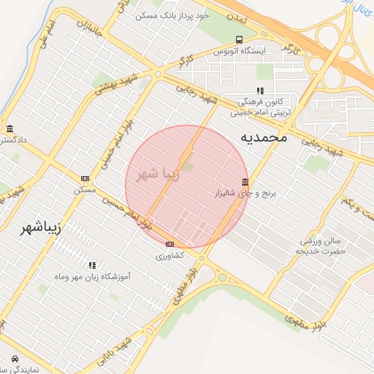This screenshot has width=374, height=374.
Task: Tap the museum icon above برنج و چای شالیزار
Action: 244,182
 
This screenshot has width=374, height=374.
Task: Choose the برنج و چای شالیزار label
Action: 243,194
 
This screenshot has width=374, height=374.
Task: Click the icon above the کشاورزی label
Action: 170,244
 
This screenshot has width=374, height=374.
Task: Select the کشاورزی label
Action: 170,256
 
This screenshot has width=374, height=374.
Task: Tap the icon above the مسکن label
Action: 85,178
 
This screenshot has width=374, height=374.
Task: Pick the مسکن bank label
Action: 85,190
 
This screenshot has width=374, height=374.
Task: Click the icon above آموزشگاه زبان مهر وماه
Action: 92,265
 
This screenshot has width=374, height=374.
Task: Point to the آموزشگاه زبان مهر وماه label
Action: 92,278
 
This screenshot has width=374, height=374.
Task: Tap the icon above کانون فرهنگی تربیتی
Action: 261,91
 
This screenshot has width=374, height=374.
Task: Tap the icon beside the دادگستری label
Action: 9,128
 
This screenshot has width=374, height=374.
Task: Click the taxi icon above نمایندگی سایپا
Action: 15,359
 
